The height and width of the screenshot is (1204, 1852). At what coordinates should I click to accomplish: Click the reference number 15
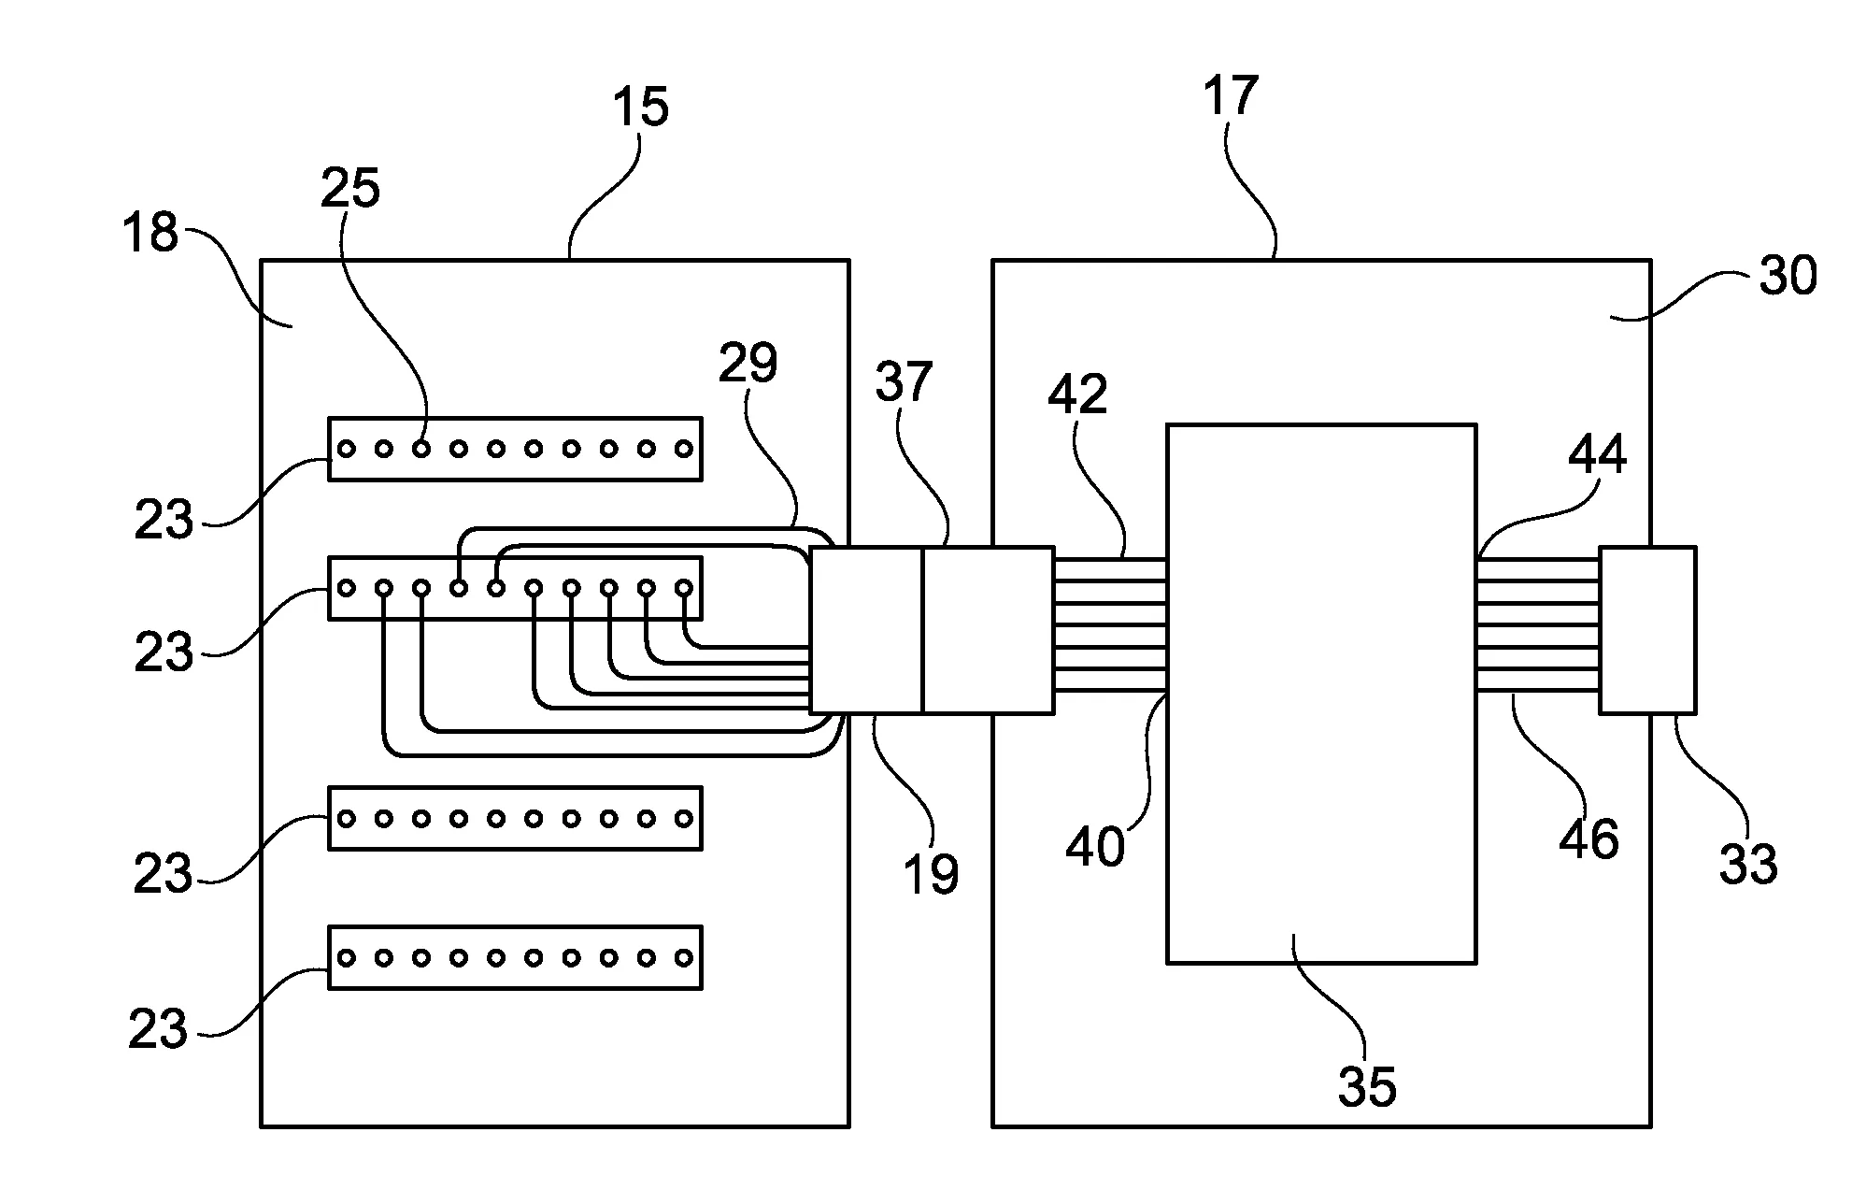641,107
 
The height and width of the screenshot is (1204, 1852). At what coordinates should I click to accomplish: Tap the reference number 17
1230,96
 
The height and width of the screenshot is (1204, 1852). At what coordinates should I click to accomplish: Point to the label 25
350,189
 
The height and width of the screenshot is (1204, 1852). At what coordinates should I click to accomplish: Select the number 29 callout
748,363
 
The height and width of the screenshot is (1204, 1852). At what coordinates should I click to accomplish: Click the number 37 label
904,382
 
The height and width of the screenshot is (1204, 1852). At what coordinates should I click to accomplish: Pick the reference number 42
1076,394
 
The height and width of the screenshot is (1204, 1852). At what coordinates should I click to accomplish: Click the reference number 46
1588,838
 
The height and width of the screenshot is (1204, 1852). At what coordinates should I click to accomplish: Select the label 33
1747,864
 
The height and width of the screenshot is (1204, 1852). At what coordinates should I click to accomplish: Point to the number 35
1367,1086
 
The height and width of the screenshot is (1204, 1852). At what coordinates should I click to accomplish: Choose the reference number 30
1788,277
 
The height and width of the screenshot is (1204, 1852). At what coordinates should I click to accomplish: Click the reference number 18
150,232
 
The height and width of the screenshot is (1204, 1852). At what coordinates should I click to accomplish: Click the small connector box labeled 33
1647,630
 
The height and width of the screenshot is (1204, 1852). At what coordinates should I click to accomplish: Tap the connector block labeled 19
865,630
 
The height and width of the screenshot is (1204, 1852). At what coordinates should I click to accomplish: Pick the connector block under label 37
988,630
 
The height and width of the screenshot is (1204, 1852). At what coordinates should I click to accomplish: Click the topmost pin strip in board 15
515,449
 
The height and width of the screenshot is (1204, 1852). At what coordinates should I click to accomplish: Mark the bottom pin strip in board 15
515,957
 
